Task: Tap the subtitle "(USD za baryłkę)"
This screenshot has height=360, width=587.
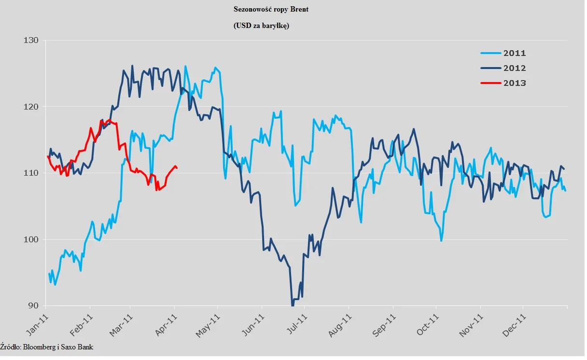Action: click(x=261, y=26)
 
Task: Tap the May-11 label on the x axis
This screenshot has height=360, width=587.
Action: click(x=209, y=322)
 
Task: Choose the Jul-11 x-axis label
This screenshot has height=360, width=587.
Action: click(x=297, y=322)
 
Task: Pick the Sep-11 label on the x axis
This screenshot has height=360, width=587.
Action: click(x=385, y=322)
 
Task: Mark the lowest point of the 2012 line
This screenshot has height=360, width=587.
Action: click(x=292, y=305)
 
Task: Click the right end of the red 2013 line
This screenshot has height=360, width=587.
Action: click(x=177, y=168)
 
